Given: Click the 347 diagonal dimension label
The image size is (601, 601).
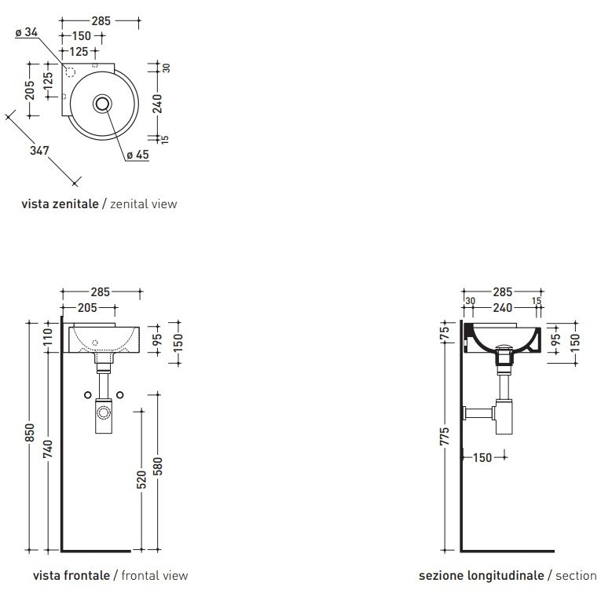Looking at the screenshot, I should click(x=39, y=150).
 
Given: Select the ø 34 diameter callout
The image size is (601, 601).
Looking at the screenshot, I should click(x=27, y=32).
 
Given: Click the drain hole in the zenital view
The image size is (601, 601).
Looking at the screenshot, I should click(x=103, y=102).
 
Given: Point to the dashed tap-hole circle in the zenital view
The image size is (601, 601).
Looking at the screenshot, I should click(x=69, y=73).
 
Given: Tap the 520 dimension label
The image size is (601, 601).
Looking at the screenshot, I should click(x=141, y=478).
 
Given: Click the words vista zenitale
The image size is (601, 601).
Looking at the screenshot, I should click(x=60, y=204).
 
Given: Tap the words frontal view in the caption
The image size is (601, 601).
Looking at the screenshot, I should click(x=155, y=576).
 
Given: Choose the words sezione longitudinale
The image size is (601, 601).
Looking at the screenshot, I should click(x=481, y=576).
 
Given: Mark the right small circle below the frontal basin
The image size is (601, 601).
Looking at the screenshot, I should click(x=119, y=393).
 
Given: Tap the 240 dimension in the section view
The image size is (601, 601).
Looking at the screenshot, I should click(x=504, y=308).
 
